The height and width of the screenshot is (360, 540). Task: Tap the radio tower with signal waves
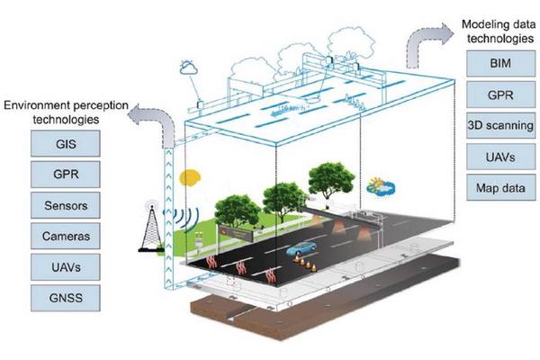click(154, 223)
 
